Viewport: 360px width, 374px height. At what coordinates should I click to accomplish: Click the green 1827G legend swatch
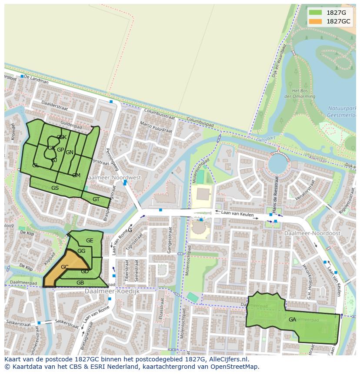pyautogui.click(x=315, y=13)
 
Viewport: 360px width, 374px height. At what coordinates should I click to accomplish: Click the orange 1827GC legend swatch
pyautogui.click(x=315, y=21)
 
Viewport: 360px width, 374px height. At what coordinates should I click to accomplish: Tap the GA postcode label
pyautogui.click(x=292, y=320)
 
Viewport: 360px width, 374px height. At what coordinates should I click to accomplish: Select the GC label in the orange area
pyautogui.click(x=65, y=267)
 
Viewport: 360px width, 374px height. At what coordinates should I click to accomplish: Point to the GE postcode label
pyautogui.click(x=90, y=241)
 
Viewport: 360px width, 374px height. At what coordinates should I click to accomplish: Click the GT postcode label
pyautogui.click(x=96, y=199)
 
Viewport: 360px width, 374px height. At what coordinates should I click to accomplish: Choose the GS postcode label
pyautogui.click(x=55, y=188)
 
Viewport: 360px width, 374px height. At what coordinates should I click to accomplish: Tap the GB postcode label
pyautogui.click(x=80, y=283)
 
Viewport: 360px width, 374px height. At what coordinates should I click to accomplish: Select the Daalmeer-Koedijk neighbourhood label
pyautogui.click(x=113, y=291)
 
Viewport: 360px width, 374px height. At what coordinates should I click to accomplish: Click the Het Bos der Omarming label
pyautogui.click(x=300, y=93)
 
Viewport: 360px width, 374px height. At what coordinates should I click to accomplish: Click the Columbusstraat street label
pyautogui.click(x=160, y=114)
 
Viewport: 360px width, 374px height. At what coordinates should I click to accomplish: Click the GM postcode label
pyautogui.click(x=76, y=175)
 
